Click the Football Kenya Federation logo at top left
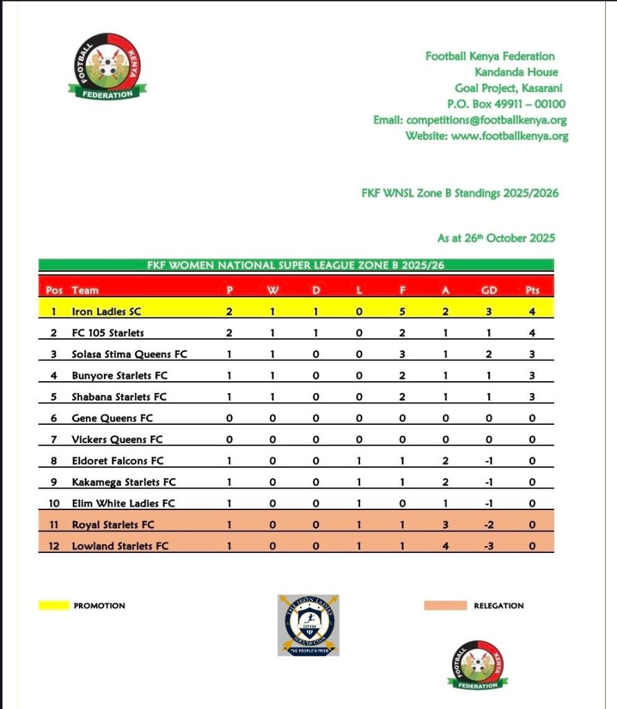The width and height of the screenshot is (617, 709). (x=107, y=67)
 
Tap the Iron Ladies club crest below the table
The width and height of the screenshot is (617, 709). (x=308, y=625)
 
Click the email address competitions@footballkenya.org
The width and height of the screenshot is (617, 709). (x=470, y=120)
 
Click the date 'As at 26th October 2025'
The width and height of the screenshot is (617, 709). (x=496, y=238)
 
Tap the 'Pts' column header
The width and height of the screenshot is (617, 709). (x=532, y=290)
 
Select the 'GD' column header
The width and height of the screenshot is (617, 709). (x=489, y=290)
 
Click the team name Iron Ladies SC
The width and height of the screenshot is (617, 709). (x=106, y=312)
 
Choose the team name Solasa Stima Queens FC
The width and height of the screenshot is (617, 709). (x=129, y=354)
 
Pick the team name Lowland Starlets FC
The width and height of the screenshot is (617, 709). (x=120, y=546)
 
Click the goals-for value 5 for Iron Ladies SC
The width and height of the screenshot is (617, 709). (x=402, y=312)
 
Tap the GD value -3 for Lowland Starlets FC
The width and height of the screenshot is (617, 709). (x=489, y=546)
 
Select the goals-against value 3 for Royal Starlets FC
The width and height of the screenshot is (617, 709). (x=446, y=525)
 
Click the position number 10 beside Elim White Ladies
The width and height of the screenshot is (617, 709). (x=54, y=504)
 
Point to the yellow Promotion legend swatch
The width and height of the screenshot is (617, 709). (x=53, y=606)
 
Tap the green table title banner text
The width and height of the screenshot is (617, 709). (x=297, y=265)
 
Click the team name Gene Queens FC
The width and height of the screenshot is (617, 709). (x=112, y=419)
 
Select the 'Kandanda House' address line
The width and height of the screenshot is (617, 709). (x=516, y=72)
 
